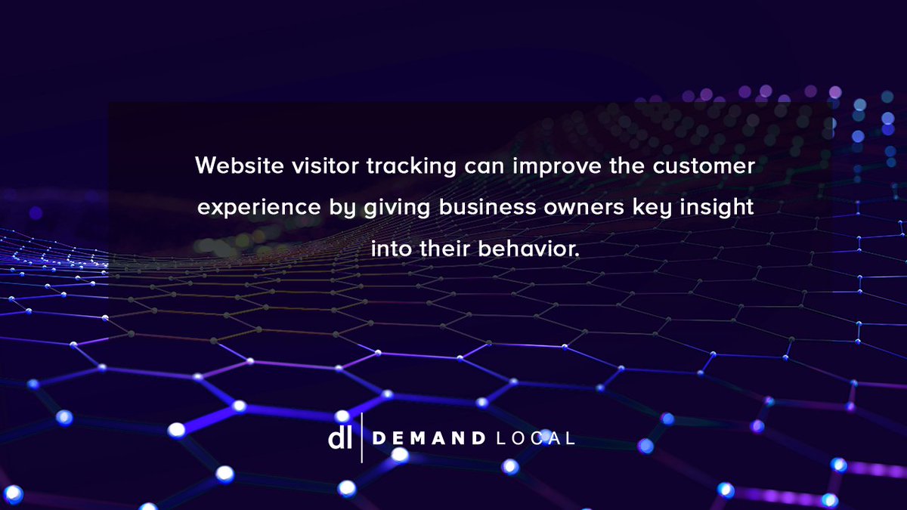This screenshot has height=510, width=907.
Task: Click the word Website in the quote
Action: pos(230,165)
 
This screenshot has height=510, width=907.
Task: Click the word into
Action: pos(392,249)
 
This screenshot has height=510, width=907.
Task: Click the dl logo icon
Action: pos(339,437)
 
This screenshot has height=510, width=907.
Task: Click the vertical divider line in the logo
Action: pos(362,437)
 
